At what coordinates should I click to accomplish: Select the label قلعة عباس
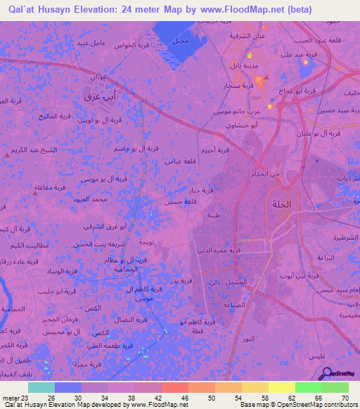180,161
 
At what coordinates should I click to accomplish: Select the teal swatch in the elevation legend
41,387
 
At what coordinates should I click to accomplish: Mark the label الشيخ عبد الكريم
41,150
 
